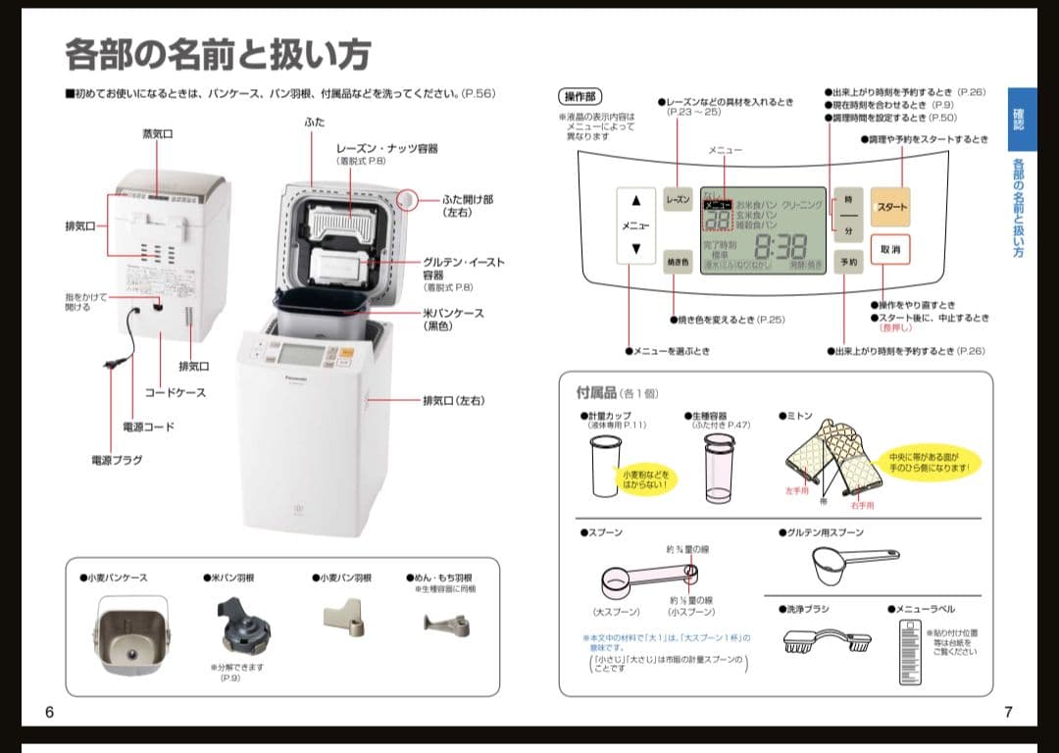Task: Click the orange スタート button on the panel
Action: coord(890,207)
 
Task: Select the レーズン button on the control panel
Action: coord(679,199)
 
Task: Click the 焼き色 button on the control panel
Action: coord(679,262)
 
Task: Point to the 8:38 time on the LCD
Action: coord(780,246)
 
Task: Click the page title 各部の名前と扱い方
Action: coord(218,54)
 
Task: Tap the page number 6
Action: coord(49,712)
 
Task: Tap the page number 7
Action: coord(1008,712)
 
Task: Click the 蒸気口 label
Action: coord(158,133)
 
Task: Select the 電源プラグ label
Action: coord(117,460)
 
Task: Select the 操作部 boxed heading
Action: coord(580,96)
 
